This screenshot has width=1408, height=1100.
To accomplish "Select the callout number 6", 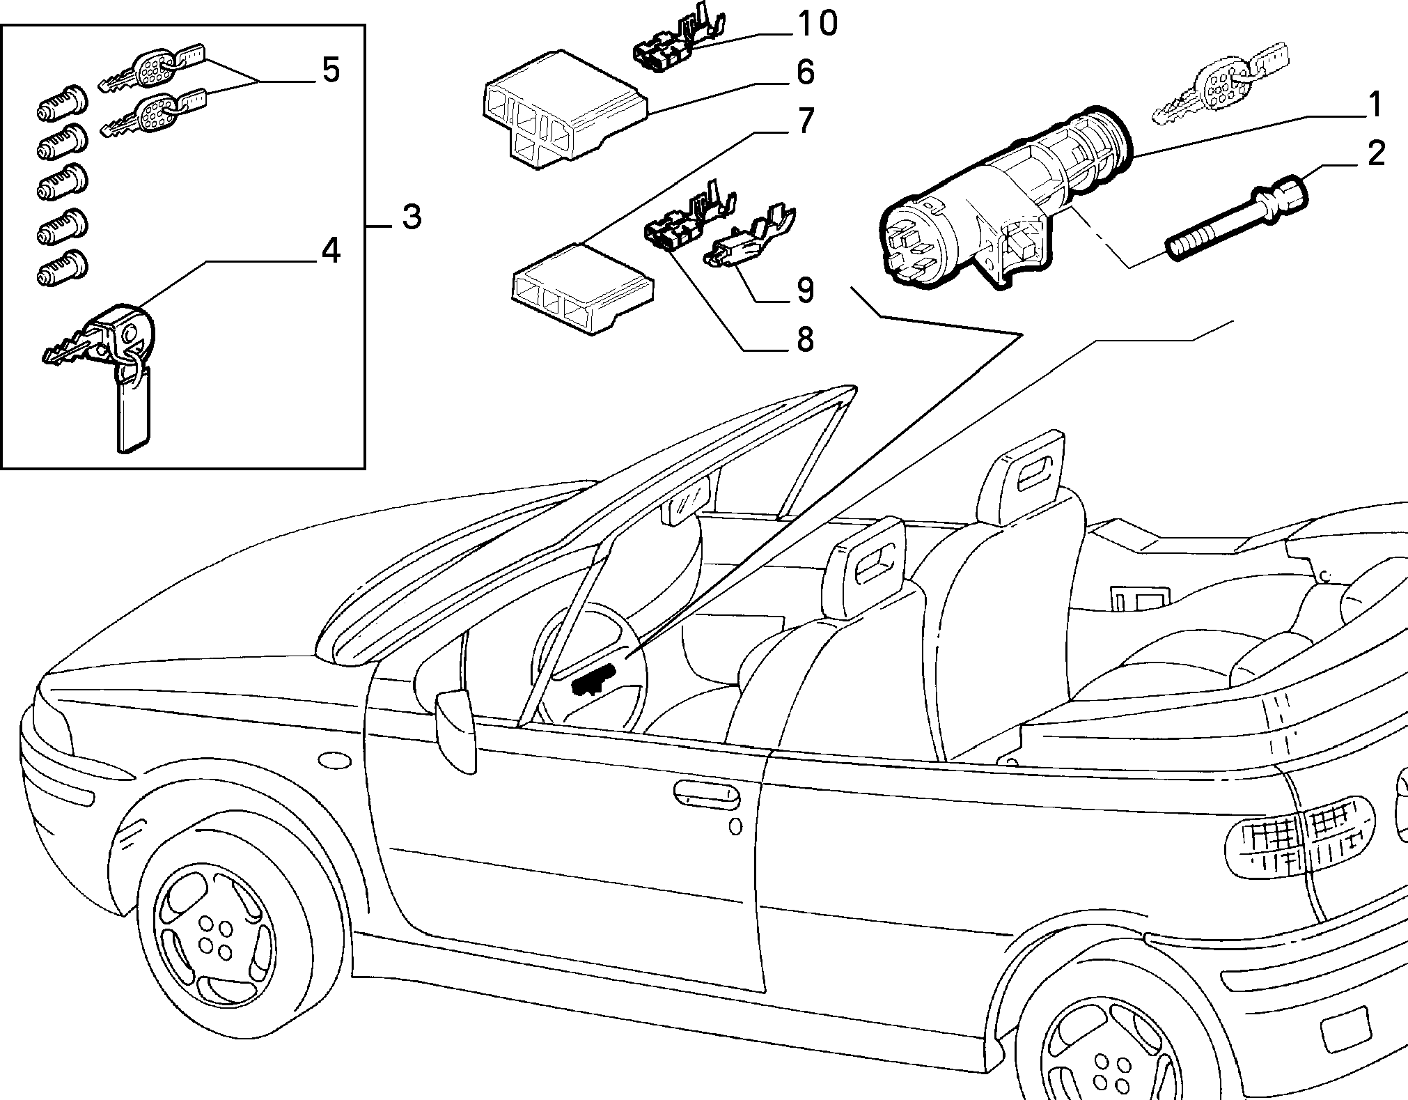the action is click(x=805, y=72).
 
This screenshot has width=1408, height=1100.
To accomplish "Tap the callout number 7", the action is click(x=805, y=121).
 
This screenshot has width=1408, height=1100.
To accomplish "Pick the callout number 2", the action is click(x=1375, y=155).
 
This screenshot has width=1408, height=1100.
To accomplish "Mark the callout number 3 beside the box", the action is click(x=412, y=217).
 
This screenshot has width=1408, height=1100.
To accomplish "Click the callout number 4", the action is click(x=329, y=251).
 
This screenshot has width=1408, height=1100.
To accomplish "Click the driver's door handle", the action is click(x=707, y=795).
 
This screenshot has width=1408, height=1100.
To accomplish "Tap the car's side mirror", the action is click(x=456, y=729).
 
